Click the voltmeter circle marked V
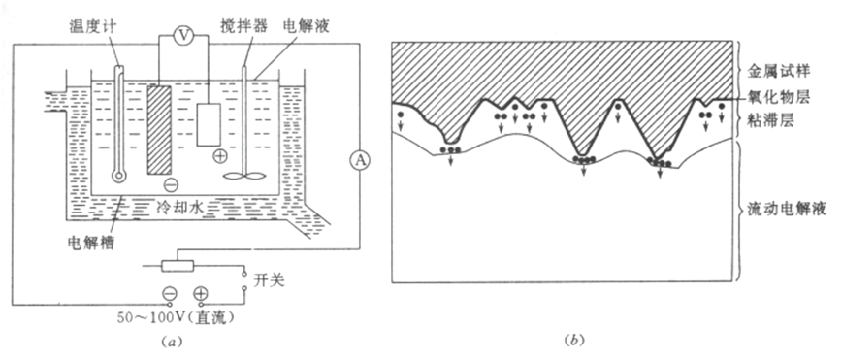tap(184, 36)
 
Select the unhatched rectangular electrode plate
tap(209, 124)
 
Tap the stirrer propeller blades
tap(244, 176)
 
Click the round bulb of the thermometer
tap(118, 176)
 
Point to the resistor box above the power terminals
tap(178, 265)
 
